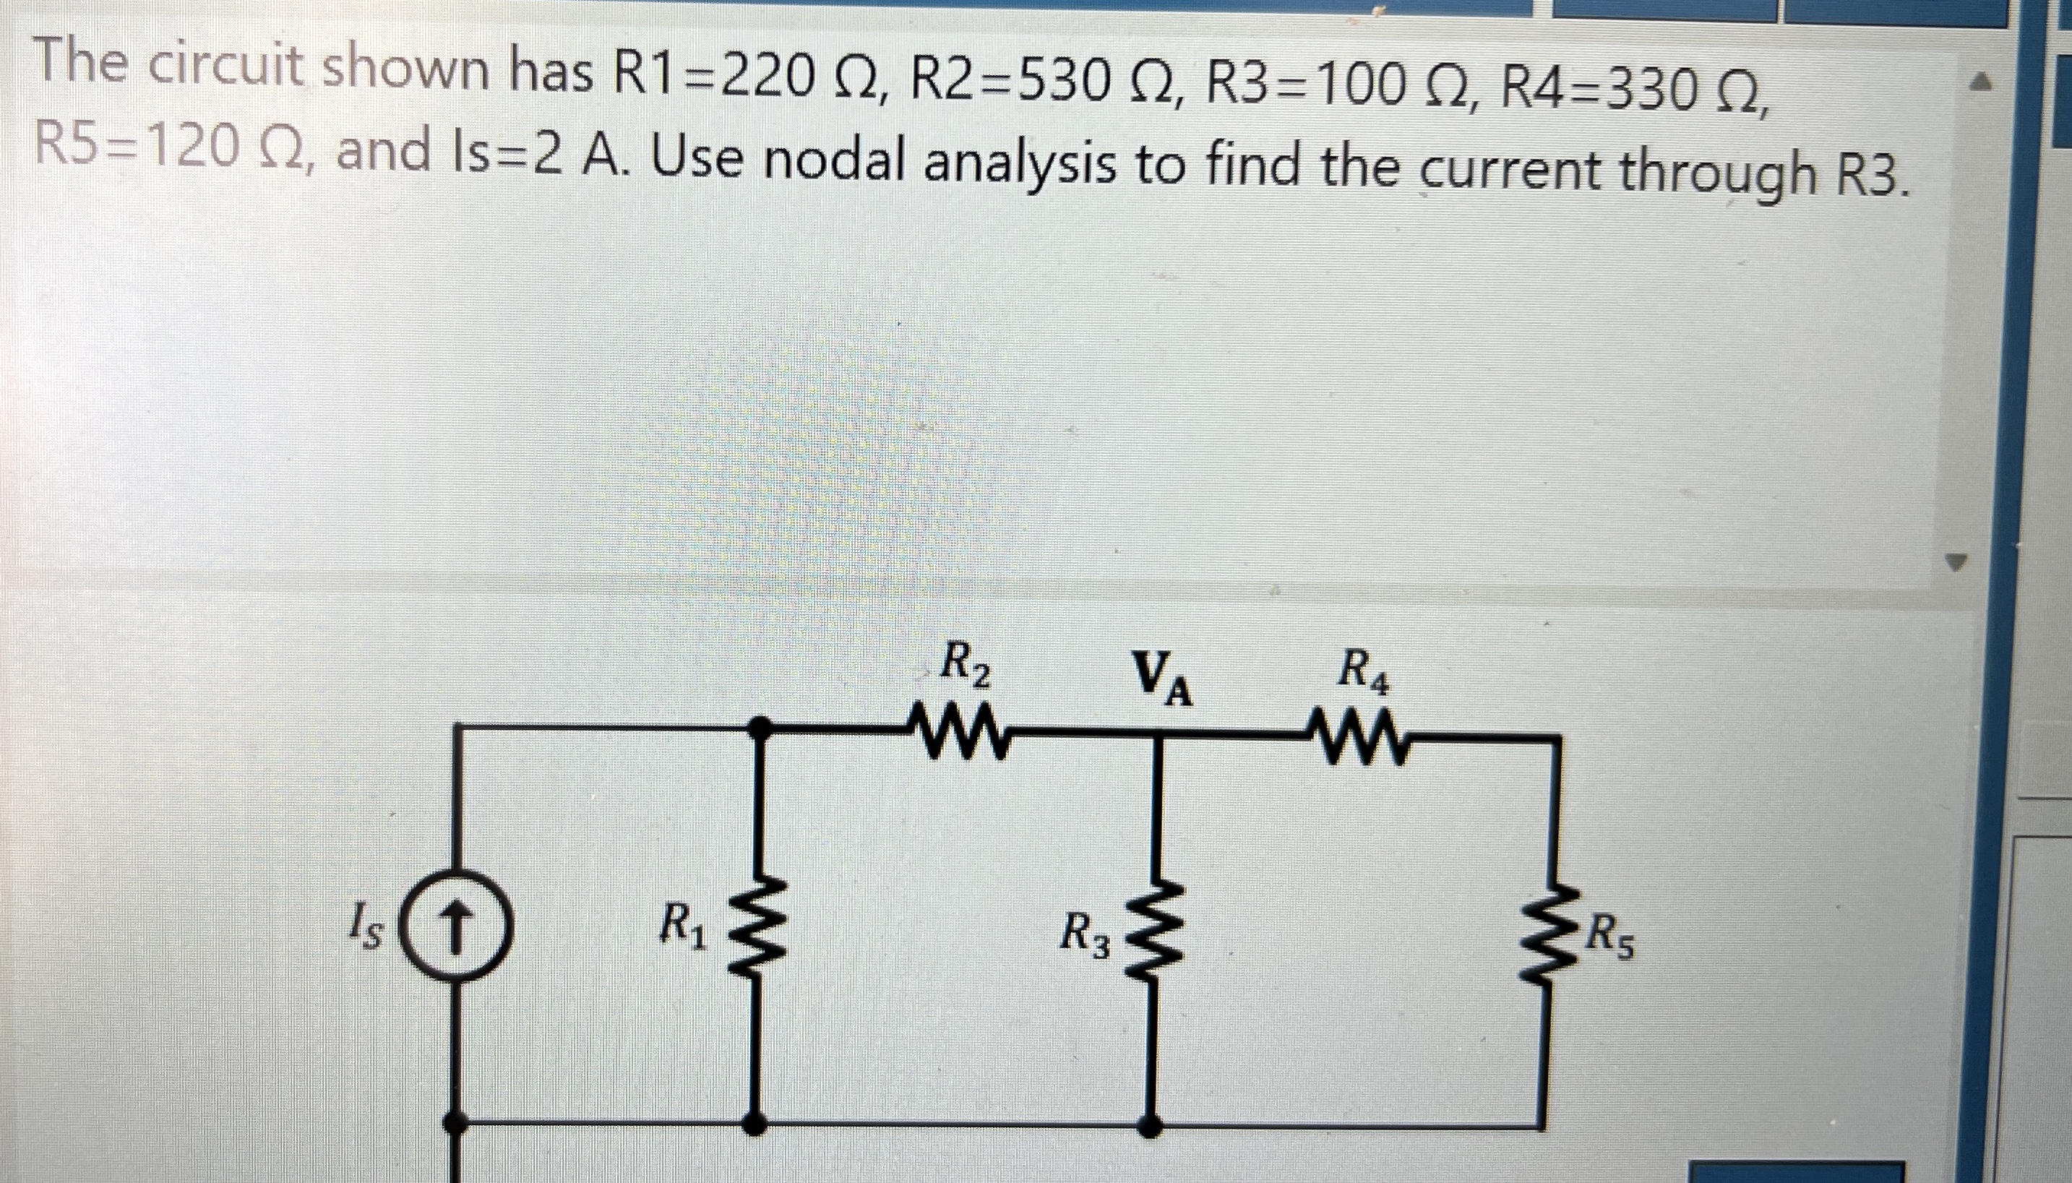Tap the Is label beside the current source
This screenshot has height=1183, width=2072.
[x=364, y=929]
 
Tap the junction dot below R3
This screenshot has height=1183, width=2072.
[x=1150, y=1125]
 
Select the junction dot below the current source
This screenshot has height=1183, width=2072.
[x=456, y=1124]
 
